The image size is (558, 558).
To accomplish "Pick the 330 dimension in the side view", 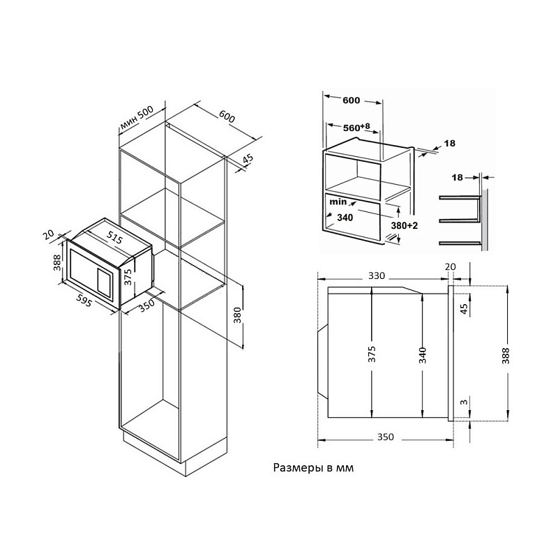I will click(376, 276).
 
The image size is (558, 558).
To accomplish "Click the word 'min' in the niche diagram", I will click(340, 202).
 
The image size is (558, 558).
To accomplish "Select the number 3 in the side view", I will click(462, 404).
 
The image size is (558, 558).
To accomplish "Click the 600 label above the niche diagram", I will click(352, 100).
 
